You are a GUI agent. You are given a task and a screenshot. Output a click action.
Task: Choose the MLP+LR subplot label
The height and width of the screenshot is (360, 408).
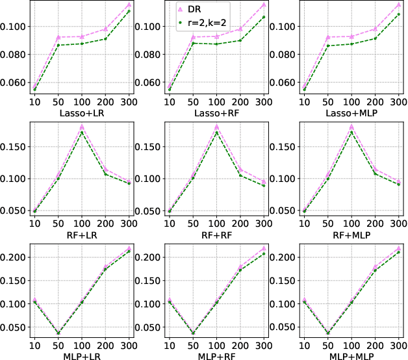pyautogui.click(x=82, y=352)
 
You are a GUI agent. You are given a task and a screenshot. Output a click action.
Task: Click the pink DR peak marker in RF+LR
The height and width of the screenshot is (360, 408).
pyautogui.click(x=82, y=127)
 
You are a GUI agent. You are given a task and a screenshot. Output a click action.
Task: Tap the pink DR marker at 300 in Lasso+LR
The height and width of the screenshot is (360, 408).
pyautogui.click(x=129, y=5)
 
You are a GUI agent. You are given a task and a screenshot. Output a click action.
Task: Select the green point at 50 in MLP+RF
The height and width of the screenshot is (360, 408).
pyautogui.click(x=192, y=333)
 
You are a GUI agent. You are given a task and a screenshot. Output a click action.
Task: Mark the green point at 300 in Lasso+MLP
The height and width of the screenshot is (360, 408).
pyautogui.click(x=398, y=14)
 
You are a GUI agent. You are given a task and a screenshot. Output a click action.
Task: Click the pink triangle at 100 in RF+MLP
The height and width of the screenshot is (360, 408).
pyautogui.click(x=351, y=127)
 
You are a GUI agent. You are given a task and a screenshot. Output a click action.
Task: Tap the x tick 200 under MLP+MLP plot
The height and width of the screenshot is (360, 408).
pyautogui.click(x=375, y=342)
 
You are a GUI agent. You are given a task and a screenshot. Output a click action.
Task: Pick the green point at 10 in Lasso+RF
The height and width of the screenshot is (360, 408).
pyautogui.click(x=169, y=88)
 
